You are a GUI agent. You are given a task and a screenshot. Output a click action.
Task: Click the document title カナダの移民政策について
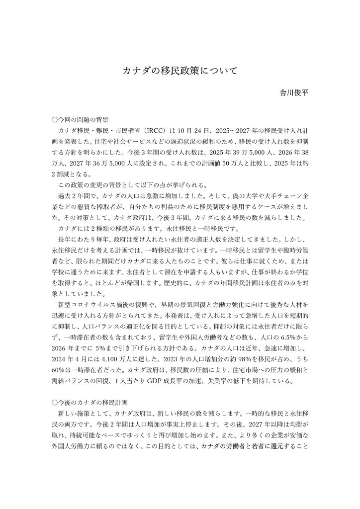click(x=180, y=71)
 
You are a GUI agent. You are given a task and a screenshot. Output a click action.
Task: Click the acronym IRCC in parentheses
click(x=156, y=131)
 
